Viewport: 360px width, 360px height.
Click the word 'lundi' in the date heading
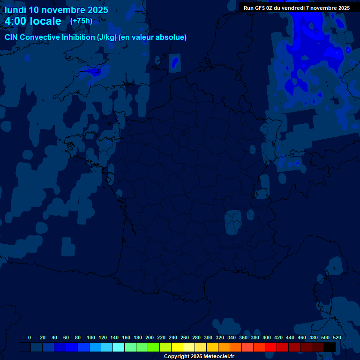(16, 10)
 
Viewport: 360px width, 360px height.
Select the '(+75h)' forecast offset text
(81, 21)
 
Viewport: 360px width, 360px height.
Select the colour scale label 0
(30, 337)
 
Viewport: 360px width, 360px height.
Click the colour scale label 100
(91, 337)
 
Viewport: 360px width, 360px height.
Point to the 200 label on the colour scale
(150, 337)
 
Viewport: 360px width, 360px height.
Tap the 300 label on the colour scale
(208, 337)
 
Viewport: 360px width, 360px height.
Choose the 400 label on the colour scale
(267, 337)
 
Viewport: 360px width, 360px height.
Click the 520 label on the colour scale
(337, 337)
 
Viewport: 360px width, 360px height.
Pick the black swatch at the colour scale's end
(330, 347)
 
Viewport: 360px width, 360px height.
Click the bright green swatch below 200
(154, 347)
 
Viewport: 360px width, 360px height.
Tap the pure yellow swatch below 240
(177, 347)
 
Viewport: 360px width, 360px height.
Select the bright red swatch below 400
(271, 347)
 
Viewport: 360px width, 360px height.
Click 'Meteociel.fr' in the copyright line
(219, 357)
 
